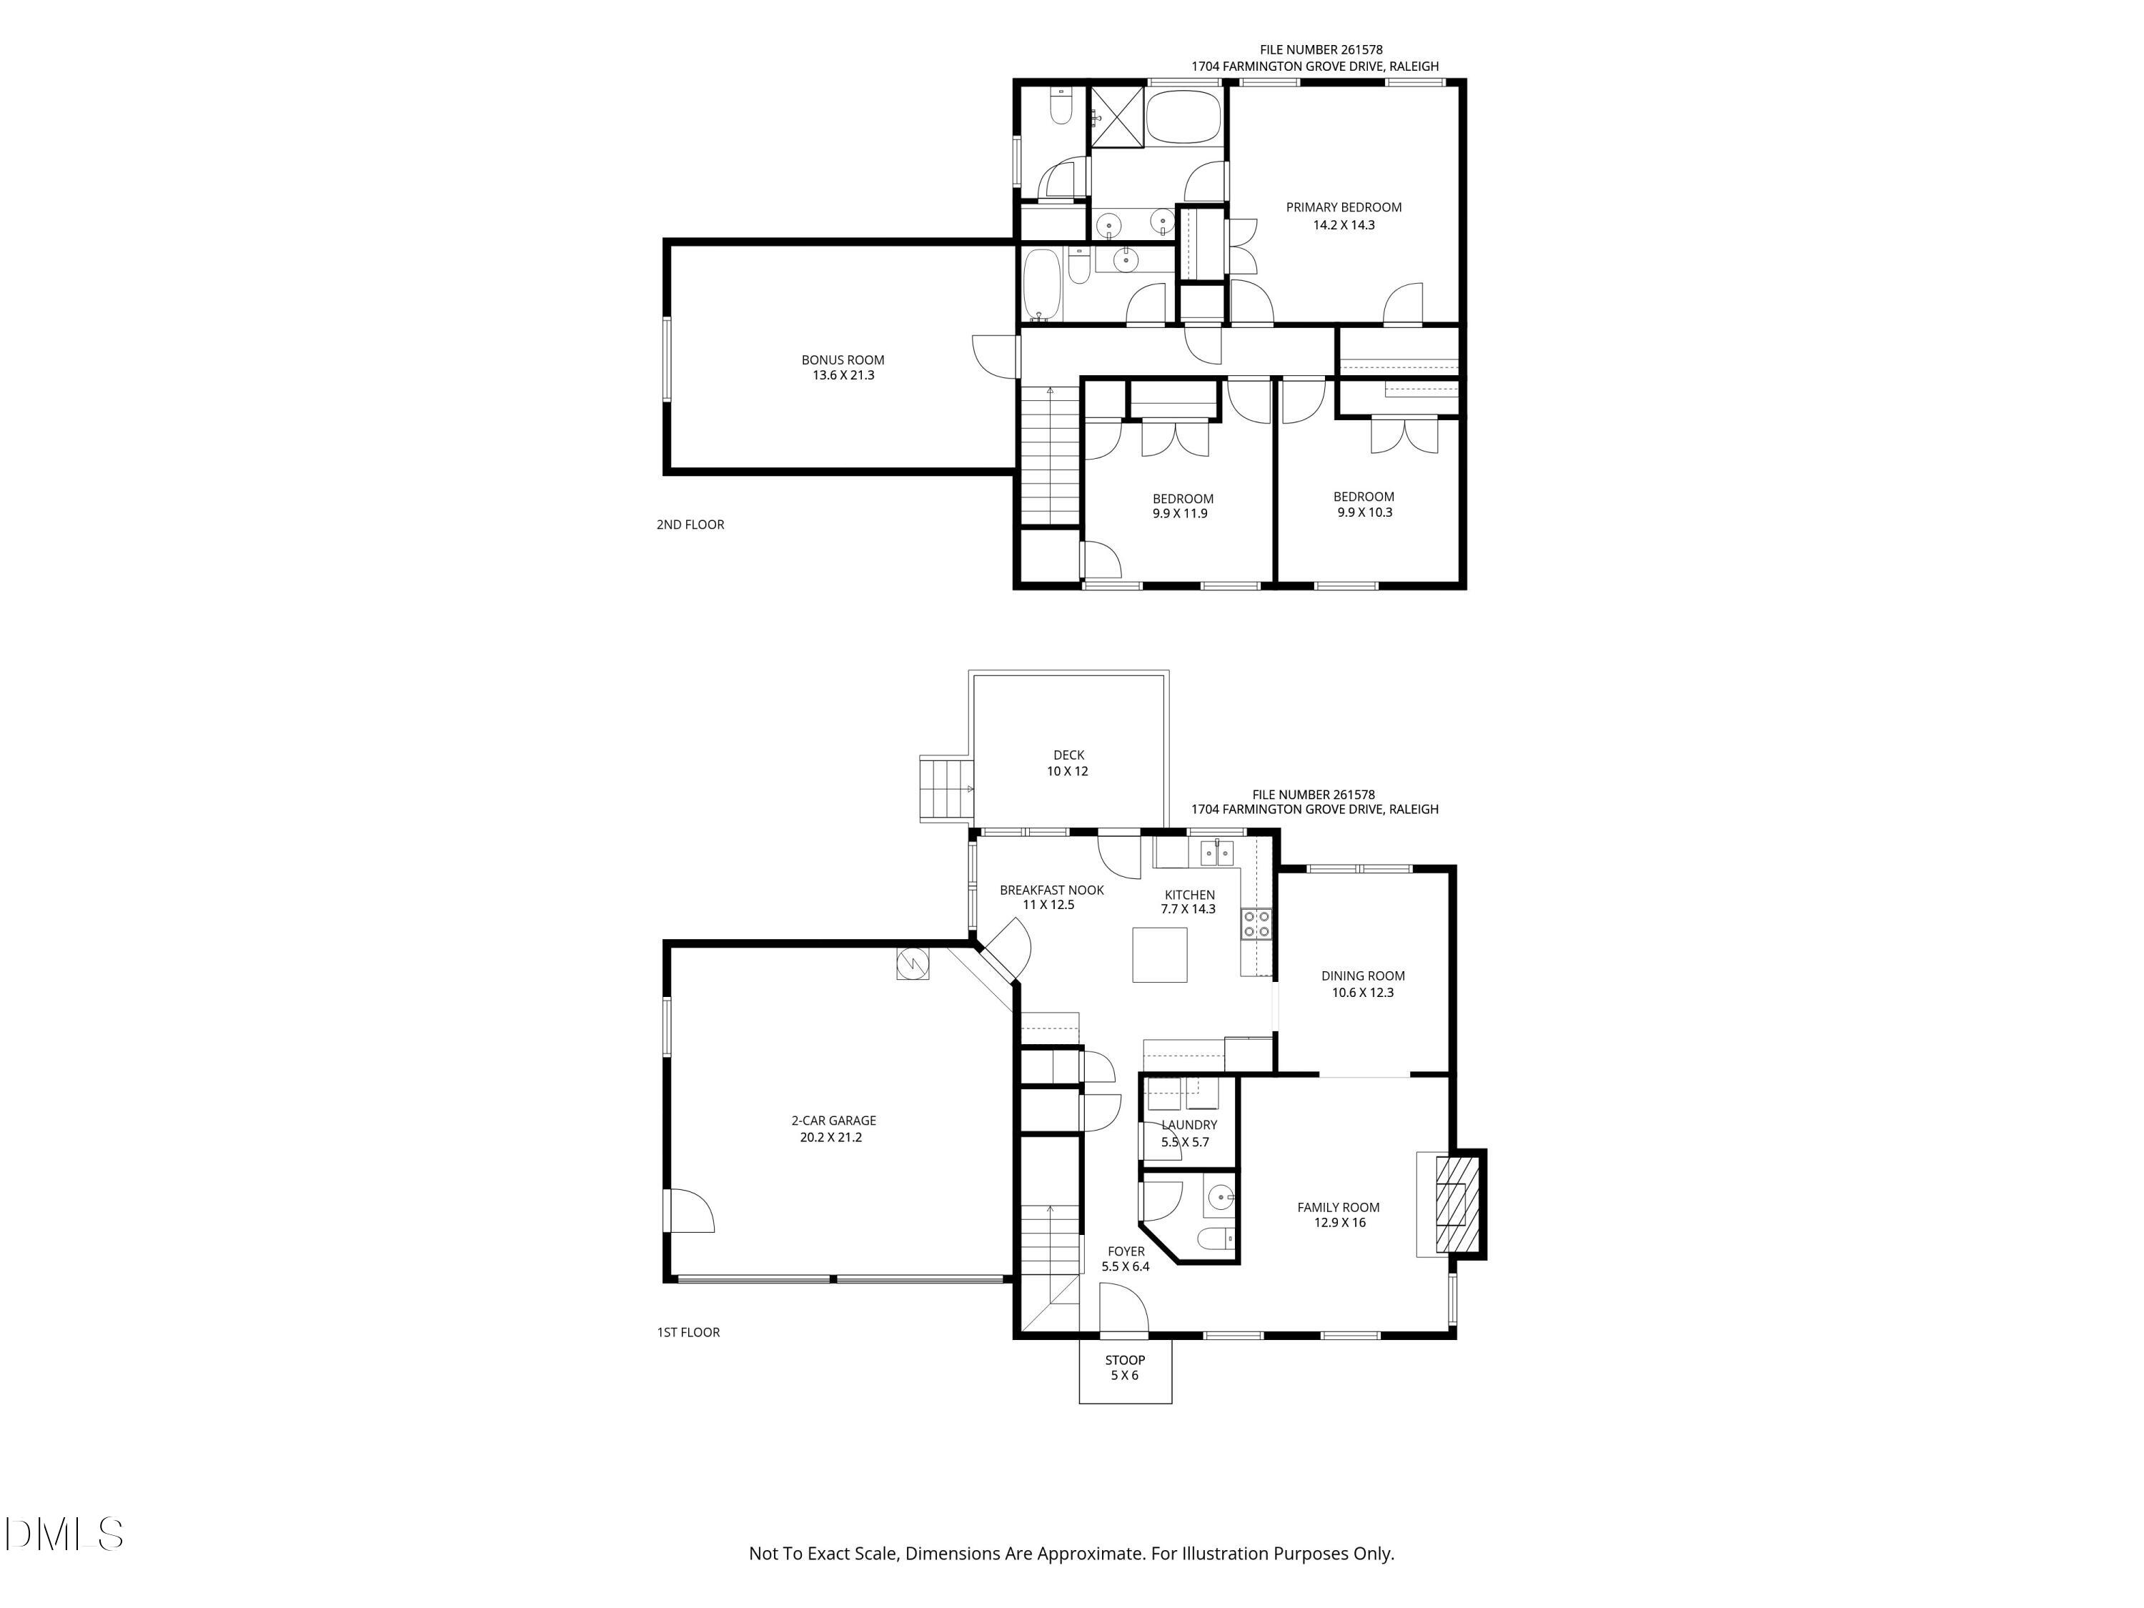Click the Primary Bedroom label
[1344, 207]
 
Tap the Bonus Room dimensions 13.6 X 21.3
[843, 376]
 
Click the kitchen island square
[1159, 955]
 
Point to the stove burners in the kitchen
[1256, 923]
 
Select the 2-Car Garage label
[833, 1121]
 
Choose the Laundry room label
[1188, 1126]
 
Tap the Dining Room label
[1363, 976]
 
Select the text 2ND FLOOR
[690, 525]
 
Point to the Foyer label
[1126, 1251]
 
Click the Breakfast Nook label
[1052, 890]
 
